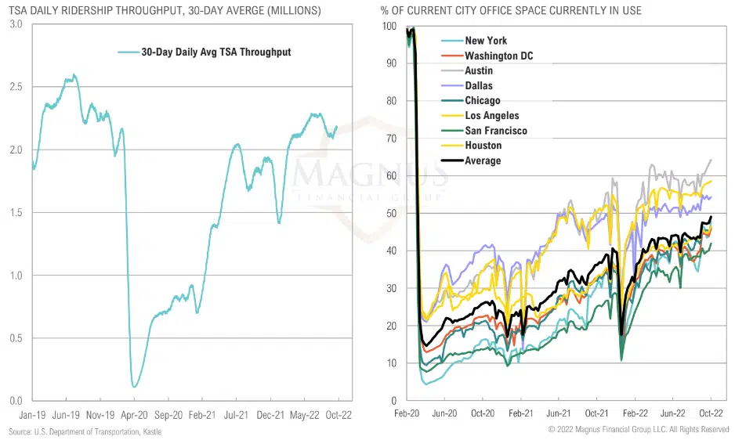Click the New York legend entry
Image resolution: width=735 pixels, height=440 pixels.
coord(486,41)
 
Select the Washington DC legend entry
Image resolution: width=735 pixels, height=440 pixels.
coord(501,56)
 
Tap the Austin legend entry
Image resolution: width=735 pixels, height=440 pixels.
coord(479,70)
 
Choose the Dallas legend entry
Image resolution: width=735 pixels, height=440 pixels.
coord(479,85)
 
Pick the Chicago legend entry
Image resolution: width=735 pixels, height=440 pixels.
coord(482,100)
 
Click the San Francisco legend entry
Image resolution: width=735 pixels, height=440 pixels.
coord(496,131)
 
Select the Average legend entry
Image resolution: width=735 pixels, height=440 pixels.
coord(483,160)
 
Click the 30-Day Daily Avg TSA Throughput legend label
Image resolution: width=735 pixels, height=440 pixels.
coord(215,52)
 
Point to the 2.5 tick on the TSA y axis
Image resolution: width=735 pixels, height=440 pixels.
coord(17,88)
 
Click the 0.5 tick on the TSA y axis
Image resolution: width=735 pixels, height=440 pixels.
coord(17,338)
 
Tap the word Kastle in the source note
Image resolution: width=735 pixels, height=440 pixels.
coord(150,432)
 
